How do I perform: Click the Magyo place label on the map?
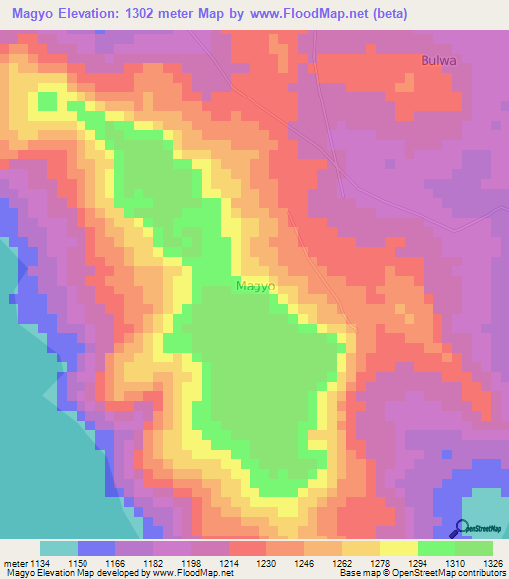click(x=255, y=286)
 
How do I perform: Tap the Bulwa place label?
click(x=438, y=60)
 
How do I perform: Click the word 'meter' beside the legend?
click(x=15, y=563)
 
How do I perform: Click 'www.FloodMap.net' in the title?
click(x=310, y=12)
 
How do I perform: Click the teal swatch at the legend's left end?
click(x=59, y=548)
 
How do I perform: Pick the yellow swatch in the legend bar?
click(x=399, y=548)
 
